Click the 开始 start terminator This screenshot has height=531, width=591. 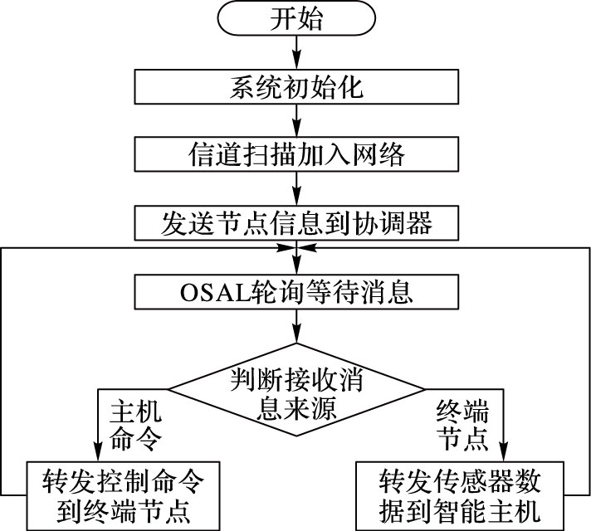[x=295, y=20]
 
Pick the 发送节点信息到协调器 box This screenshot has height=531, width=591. [x=295, y=222]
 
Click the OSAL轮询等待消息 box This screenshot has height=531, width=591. [x=295, y=293]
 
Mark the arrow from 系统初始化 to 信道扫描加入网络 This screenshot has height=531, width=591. [x=295, y=121]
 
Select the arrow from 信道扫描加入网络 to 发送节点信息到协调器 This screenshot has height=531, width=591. [x=295, y=189]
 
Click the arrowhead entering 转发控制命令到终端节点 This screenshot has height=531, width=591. [x=99, y=451]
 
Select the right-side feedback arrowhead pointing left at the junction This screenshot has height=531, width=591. [x=306, y=248]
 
